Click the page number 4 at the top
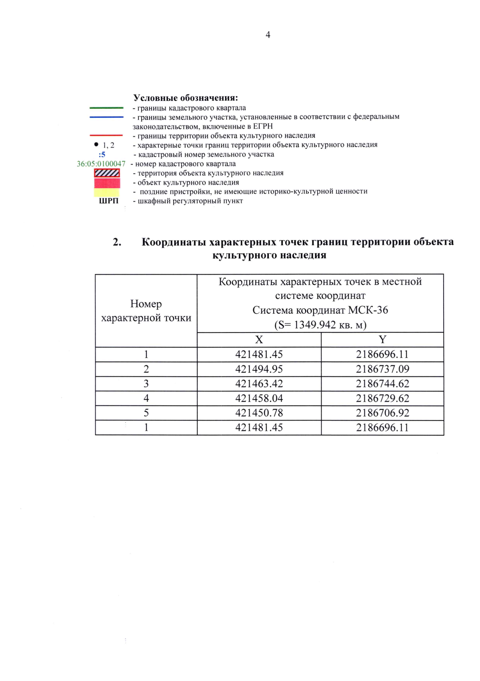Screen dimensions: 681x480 pos(268,35)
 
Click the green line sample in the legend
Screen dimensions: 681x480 pos(106,108)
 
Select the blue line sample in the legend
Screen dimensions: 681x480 pos(106,117)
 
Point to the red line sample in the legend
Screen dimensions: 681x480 pos(106,136)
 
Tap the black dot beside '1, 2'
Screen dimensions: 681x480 pos(96,144)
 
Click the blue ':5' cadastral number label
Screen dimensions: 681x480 pos(102,154)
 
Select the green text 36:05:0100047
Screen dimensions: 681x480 pos(101,164)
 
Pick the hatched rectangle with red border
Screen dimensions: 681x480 pos(107,173)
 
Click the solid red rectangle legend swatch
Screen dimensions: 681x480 pos(107,183)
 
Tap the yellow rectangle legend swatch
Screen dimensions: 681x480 pos(107,192)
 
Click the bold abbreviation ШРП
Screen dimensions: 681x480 pos(109,201)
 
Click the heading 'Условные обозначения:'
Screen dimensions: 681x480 pos(186,98)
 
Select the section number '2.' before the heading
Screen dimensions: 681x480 pos(117,242)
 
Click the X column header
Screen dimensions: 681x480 pos(259,340)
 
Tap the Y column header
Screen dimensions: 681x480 pos(382,340)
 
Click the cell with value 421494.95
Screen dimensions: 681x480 pos(259,369)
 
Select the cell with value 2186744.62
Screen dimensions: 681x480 pos(382,384)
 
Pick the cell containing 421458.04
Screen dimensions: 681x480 pos(259,399)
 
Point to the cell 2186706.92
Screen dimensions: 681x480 pos(382,413)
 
